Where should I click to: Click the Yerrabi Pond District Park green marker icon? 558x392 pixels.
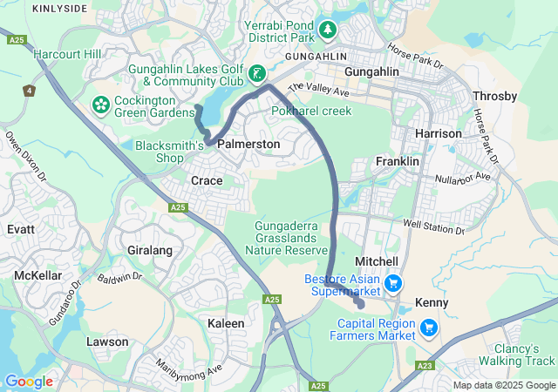click(x=328, y=30)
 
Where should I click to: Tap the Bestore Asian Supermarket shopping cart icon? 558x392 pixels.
click(x=392, y=283)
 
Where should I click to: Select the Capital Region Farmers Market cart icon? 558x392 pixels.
click(x=428, y=328)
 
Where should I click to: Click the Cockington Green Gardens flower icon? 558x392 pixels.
click(x=101, y=105)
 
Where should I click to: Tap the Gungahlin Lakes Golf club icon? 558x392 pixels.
click(x=257, y=74)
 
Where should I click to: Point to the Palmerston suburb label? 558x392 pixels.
click(x=248, y=144)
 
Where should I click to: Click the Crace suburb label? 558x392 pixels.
click(x=207, y=180)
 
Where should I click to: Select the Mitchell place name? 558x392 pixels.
click(x=377, y=261)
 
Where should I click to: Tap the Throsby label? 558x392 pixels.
click(x=494, y=96)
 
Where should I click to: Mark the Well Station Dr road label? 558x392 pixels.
click(x=434, y=227)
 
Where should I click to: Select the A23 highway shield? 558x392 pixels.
click(x=425, y=366)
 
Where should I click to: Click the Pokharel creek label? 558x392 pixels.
click(x=311, y=112)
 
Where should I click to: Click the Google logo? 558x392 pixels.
click(x=29, y=382)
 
